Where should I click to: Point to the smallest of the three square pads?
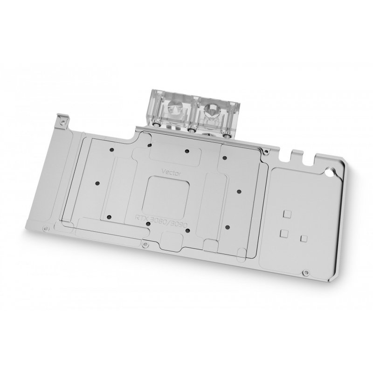[304, 238]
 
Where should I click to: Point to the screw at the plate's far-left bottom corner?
[45, 229]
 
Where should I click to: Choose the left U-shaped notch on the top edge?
[294, 152]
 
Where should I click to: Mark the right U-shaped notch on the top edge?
[308, 159]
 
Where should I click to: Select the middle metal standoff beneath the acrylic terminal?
[192, 131]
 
